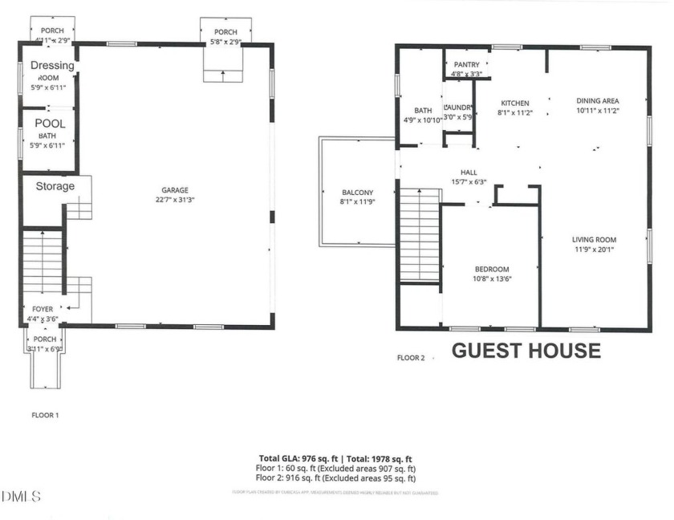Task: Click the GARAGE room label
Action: (174, 190)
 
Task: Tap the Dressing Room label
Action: (52, 66)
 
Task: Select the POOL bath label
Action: (50, 124)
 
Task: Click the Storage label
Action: (55, 186)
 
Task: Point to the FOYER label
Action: (43, 308)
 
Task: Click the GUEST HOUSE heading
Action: (526, 351)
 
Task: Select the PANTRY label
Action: (466, 65)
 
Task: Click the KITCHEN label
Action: (514, 104)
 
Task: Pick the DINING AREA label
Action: (598, 101)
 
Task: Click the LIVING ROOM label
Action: (594, 239)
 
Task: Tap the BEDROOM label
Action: (491, 270)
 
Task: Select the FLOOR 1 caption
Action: (45, 416)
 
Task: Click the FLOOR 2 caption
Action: (412, 357)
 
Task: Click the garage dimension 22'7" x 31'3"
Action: (174, 200)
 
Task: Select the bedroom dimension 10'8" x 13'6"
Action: (491, 279)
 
